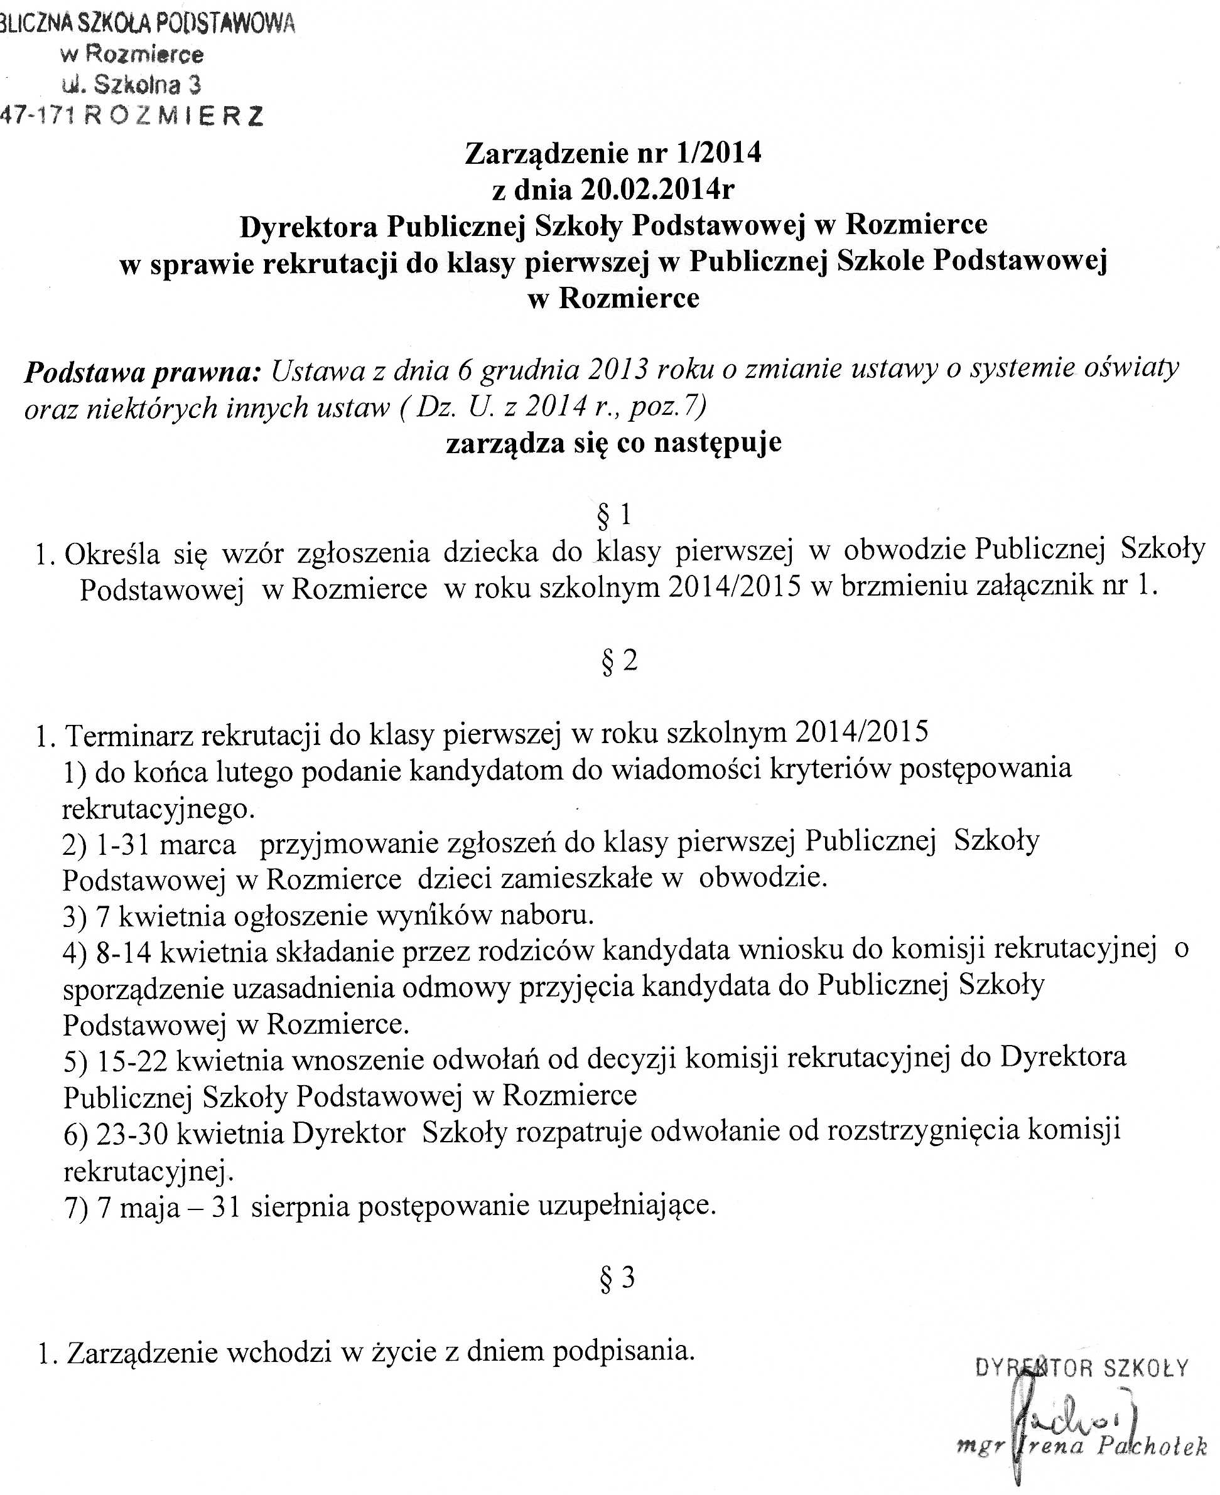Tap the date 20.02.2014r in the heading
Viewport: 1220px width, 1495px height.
click(657, 189)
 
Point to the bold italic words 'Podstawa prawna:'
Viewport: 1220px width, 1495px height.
click(143, 372)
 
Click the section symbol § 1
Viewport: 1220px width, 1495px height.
click(613, 515)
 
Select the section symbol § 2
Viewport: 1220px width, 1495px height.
click(619, 661)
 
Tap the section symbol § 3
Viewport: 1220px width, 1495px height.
click(617, 1278)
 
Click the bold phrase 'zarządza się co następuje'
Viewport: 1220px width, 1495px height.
click(613, 443)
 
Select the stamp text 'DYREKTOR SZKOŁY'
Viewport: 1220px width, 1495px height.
click(1082, 1368)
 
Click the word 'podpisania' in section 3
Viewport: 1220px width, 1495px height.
click(623, 1351)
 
